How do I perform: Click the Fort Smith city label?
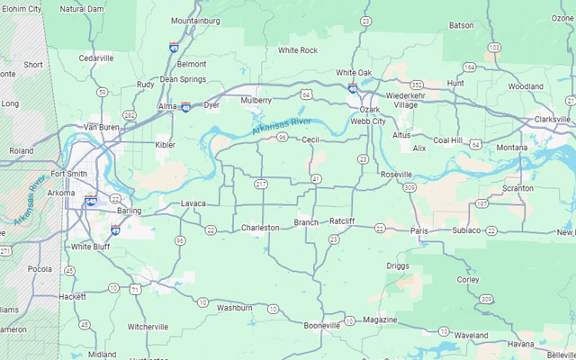68,173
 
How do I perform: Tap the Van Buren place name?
101,127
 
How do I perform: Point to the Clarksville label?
552,119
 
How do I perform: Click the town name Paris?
419,230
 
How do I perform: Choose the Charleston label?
260,228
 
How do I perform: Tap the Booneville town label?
321,325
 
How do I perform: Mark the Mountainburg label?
195,20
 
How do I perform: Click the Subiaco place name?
466,230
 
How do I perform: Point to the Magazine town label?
380,319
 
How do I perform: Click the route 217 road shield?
261,184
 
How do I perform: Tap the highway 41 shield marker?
317,179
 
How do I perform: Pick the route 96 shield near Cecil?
283,138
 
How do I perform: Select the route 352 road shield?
417,85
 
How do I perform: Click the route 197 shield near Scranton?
482,203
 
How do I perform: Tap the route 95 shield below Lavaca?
180,240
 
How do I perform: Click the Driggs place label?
398,266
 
